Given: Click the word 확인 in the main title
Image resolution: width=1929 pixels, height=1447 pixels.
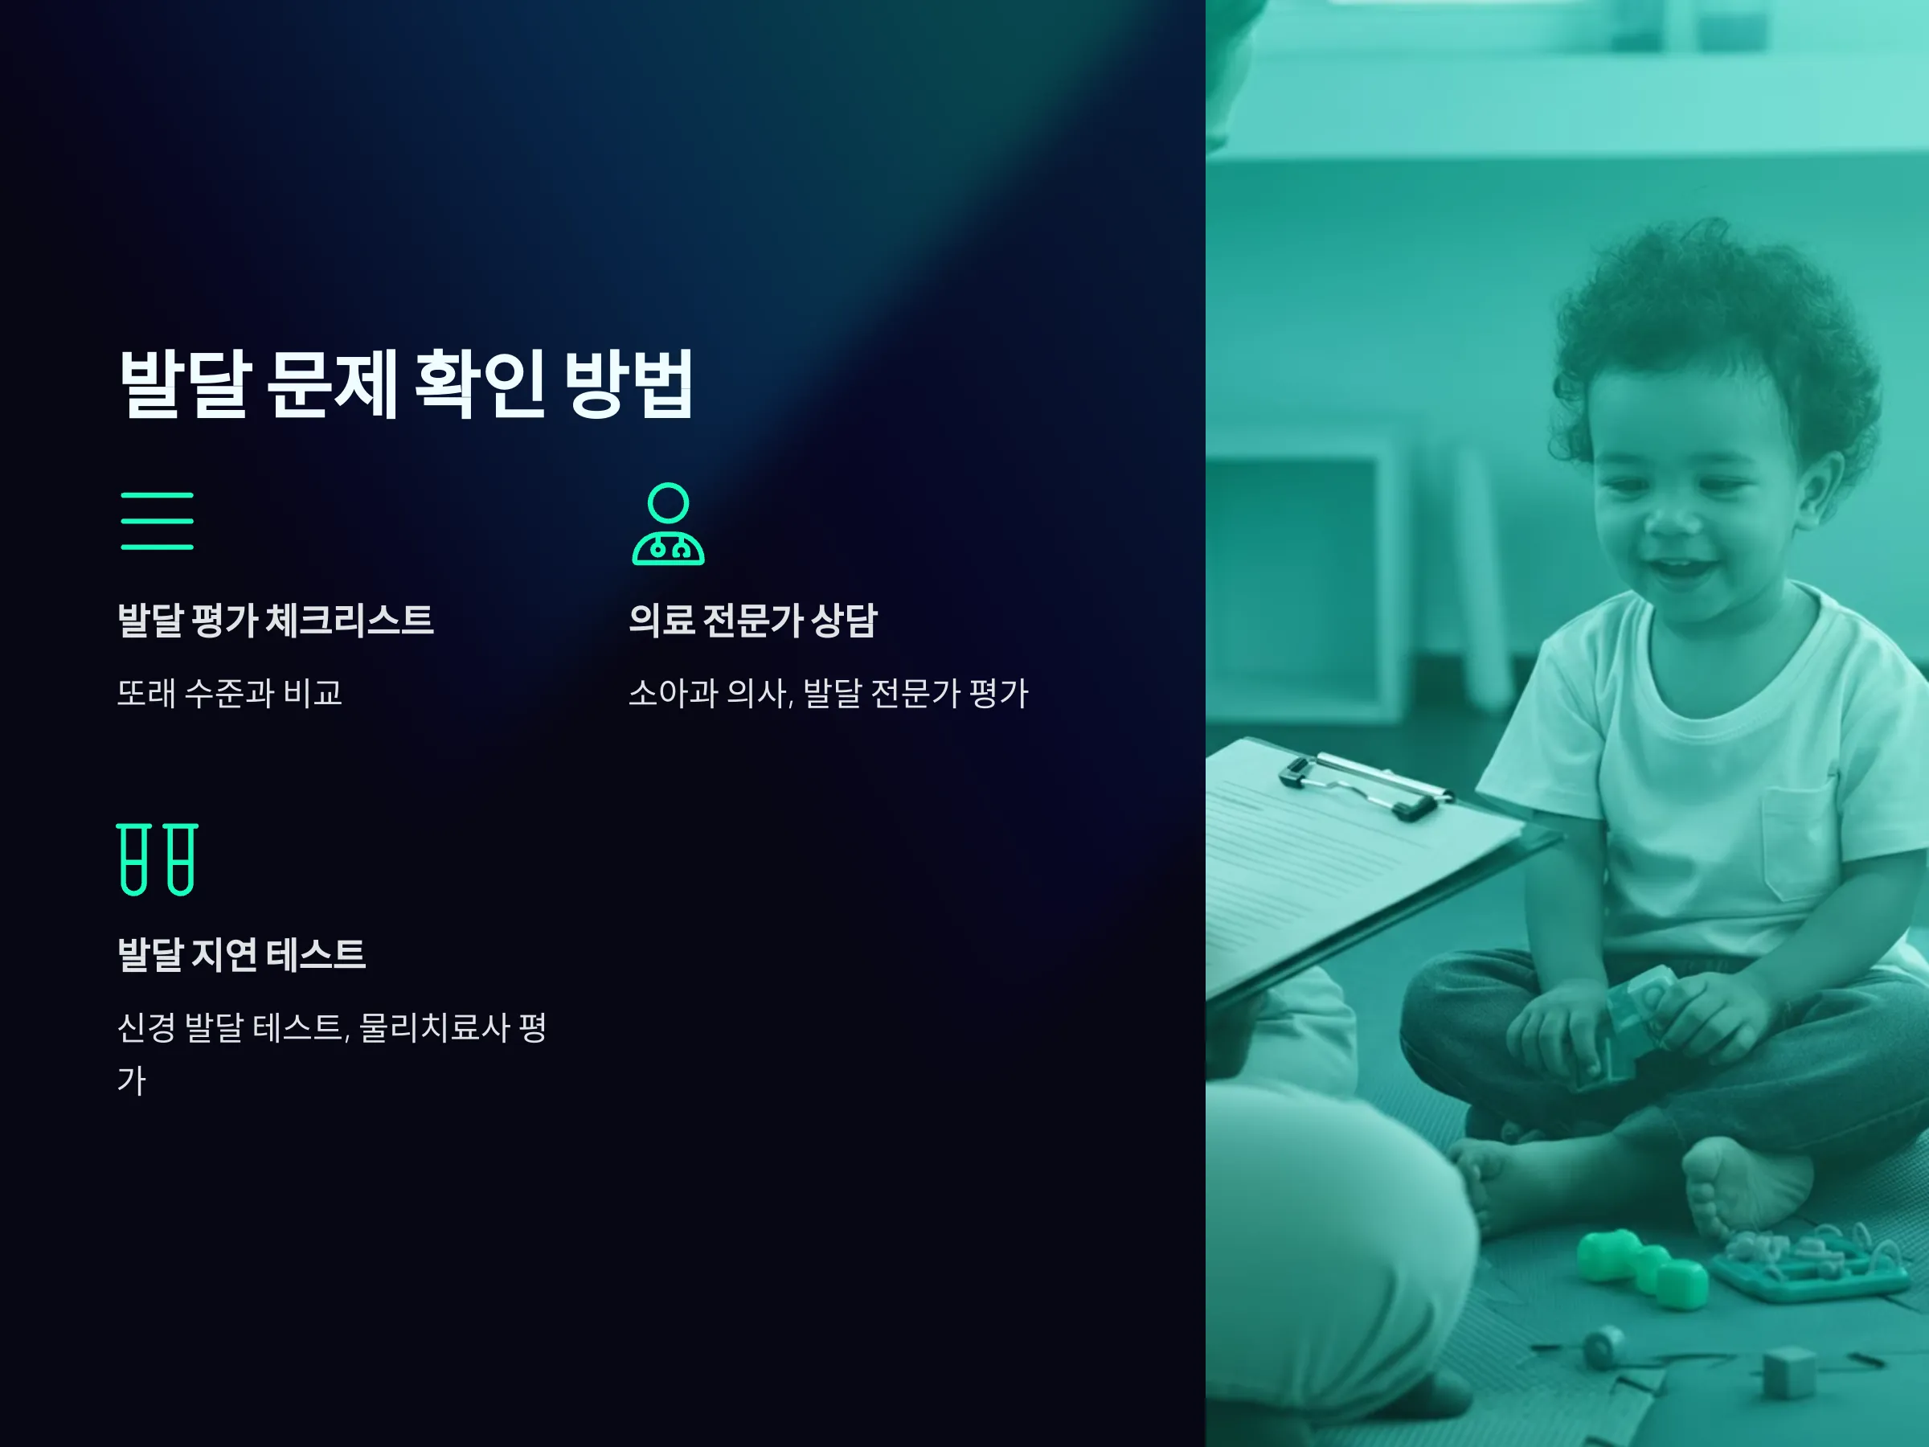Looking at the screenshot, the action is tap(481, 383).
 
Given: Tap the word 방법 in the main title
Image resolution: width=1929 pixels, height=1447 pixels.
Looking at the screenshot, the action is tap(629, 383).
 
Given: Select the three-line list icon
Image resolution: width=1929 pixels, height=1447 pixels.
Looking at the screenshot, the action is tap(157, 521).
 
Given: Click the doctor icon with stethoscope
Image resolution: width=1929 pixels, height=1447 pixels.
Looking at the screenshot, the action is tap(668, 524).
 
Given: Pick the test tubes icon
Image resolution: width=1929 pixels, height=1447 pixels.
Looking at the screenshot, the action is tap(157, 859).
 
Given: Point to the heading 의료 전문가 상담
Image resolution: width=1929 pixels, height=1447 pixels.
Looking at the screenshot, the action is tap(752, 620).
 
